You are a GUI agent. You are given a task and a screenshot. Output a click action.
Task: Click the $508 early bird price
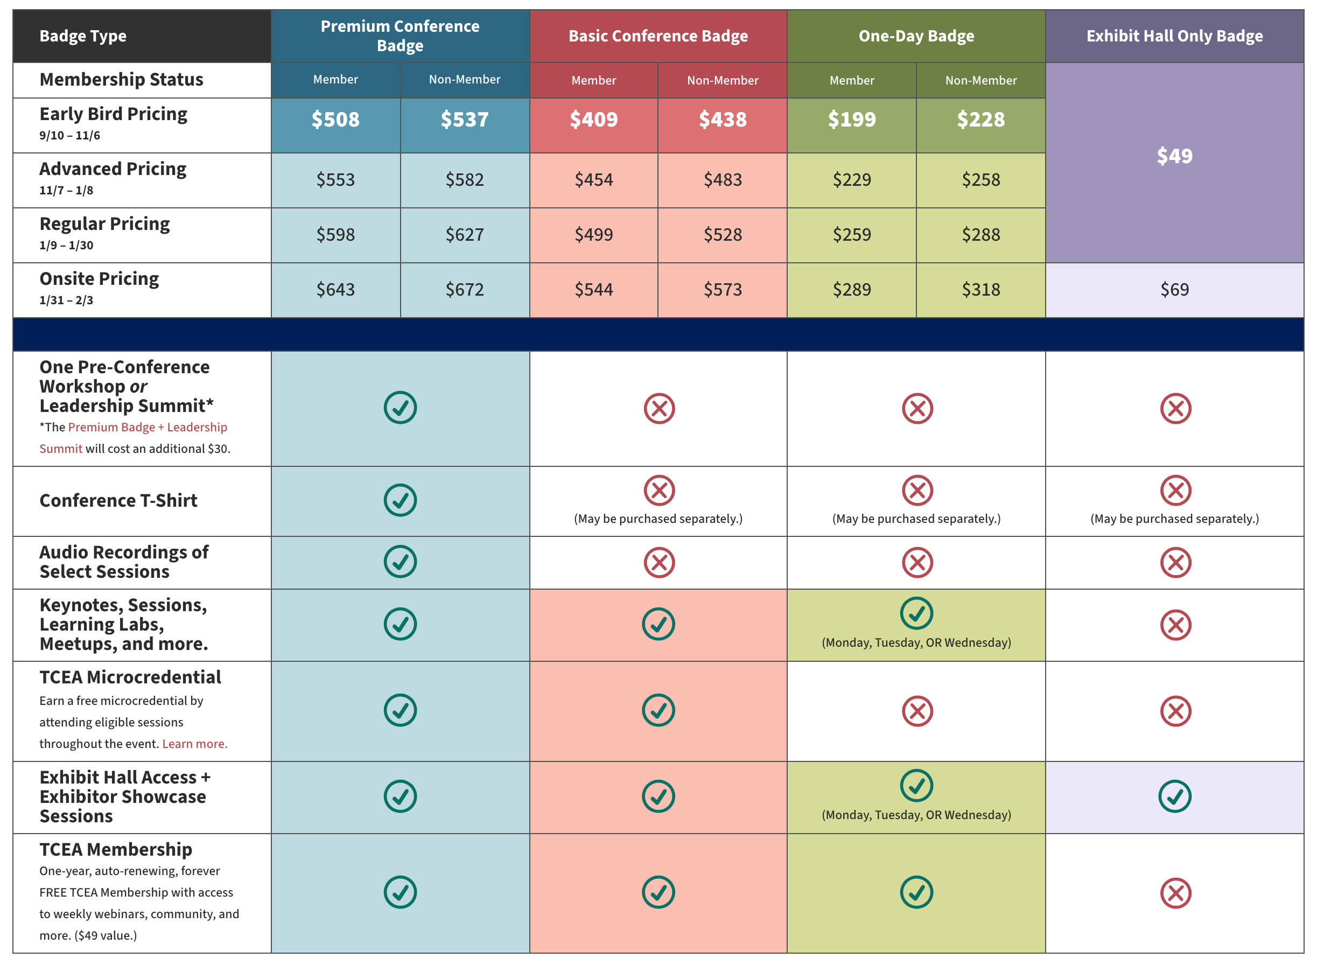pyautogui.click(x=335, y=119)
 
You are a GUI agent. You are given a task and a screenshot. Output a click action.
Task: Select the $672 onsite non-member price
pyautogui.click(x=464, y=289)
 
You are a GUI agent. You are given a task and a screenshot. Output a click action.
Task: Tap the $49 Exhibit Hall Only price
pyautogui.click(x=1174, y=156)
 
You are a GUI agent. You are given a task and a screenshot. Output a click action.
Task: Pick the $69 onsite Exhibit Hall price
pyautogui.click(x=1174, y=289)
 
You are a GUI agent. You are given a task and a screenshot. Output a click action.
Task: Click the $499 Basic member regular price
pyautogui.click(x=593, y=234)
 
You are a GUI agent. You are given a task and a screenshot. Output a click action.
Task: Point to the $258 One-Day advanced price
pyautogui.click(x=980, y=179)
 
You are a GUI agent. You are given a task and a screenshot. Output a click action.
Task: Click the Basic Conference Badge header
pyautogui.click(x=658, y=36)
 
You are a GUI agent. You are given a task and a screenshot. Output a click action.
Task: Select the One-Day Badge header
pyautogui.click(x=916, y=36)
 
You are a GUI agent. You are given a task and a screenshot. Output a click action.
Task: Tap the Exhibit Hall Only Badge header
pyautogui.click(x=1174, y=36)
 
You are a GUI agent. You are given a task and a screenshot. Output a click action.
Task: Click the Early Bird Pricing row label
pyautogui.click(x=113, y=114)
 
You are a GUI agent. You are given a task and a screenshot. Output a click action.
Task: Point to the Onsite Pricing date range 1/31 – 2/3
pyautogui.click(x=66, y=300)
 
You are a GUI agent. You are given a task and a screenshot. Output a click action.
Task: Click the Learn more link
pyautogui.click(x=194, y=744)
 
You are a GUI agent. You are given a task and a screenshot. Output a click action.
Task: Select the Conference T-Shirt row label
pyautogui.click(x=118, y=501)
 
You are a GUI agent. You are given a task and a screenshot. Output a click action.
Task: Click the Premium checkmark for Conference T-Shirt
pyautogui.click(x=400, y=500)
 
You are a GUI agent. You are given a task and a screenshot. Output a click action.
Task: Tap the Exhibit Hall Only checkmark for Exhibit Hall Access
pyautogui.click(x=1174, y=796)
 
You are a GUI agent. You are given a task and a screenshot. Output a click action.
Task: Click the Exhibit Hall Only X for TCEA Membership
pyautogui.click(x=1175, y=893)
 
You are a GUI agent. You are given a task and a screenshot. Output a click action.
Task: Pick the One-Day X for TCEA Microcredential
pyautogui.click(x=917, y=711)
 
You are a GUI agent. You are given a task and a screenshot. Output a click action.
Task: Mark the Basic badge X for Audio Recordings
pyautogui.click(x=659, y=563)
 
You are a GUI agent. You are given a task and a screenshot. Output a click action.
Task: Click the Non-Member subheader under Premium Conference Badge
pyautogui.click(x=464, y=80)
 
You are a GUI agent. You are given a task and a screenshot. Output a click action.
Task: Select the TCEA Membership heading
pyautogui.click(x=116, y=849)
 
